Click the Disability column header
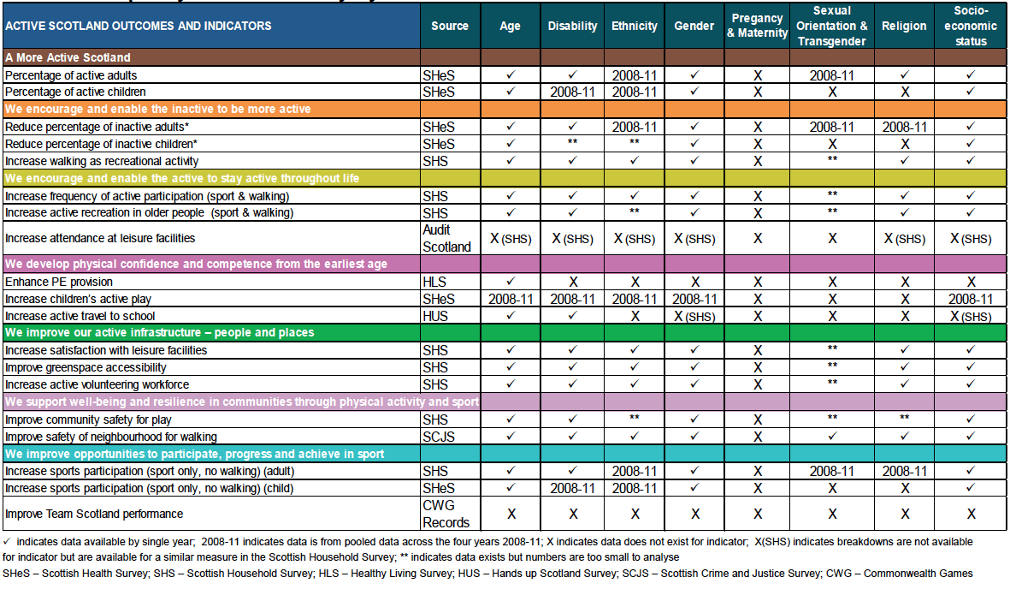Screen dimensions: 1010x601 pyautogui.click(x=573, y=26)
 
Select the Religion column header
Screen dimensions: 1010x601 pyautogui.click(x=904, y=26)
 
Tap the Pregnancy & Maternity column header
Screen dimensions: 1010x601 pyautogui.click(x=758, y=26)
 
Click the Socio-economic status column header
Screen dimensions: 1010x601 pyautogui.click(x=971, y=26)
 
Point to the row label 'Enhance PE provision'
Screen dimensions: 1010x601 pyautogui.click(x=59, y=282)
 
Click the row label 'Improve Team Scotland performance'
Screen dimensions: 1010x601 pyautogui.click(x=94, y=514)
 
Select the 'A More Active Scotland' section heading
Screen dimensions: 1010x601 pyautogui.click(x=68, y=57)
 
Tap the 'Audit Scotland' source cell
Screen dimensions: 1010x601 pyautogui.click(x=446, y=239)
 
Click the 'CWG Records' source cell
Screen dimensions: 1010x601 pyautogui.click(x=446, y=514)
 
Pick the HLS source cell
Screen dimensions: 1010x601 pyautogui.click(x=434, y=282)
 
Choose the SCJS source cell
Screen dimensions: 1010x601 pyautogui.click(x=439, y=437)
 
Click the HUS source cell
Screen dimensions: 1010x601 pyautogui.click(x=434, y=316)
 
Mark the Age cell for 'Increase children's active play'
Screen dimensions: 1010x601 pyautogui.click(x=511, y=299)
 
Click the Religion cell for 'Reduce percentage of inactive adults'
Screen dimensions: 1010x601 pyautogui.click(x=904, y=127)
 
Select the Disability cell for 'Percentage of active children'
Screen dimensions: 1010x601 pyautogui.click(x=573, y=92)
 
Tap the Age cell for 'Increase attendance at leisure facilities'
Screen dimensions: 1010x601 pyautogui.click(x=511, y=239)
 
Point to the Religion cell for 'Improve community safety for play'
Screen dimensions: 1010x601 pyautogui.click(x=904, y=417)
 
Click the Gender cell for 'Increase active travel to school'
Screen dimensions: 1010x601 pyautogui.click(x=694, y=317)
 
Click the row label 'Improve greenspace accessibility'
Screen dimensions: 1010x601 pyautogui.click(x=86, y=367)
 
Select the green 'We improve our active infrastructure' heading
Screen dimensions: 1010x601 pyautogui.click(x=160, y=333)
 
